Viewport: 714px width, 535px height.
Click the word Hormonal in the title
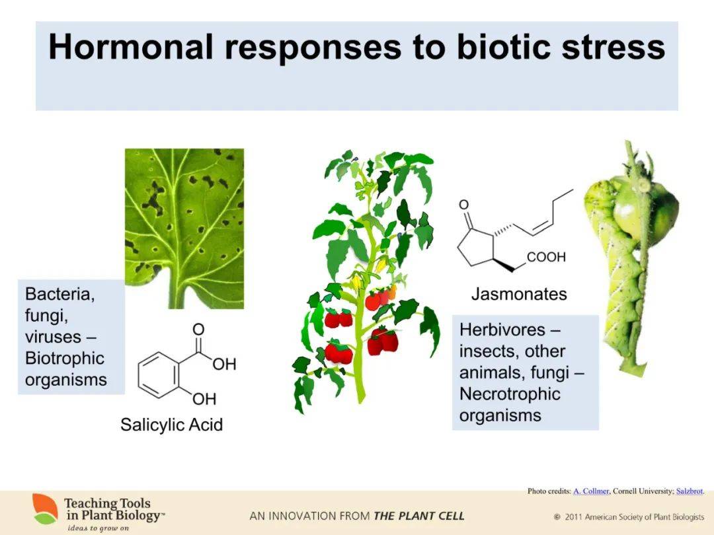coord(130,47)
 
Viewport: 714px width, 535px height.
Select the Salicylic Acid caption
coord(172,425)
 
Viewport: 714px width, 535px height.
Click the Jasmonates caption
coord(519,294)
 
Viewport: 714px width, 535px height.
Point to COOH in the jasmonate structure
coord(546,257)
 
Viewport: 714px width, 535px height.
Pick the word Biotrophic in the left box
coord(65,359)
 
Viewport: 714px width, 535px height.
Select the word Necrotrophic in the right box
coord(510,394)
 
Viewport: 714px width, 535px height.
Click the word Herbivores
coord(502,330)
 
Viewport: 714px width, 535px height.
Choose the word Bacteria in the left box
coord(59,295)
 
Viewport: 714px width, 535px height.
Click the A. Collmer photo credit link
coord(591,491)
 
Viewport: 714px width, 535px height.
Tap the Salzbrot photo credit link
coord(690,491)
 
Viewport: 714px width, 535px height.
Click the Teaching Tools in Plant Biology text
coord(112,509)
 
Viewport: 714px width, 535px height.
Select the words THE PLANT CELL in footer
coord(419,516)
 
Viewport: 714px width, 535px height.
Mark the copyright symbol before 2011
coord(557,517)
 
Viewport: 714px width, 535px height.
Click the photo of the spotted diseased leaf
coord(184,229)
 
